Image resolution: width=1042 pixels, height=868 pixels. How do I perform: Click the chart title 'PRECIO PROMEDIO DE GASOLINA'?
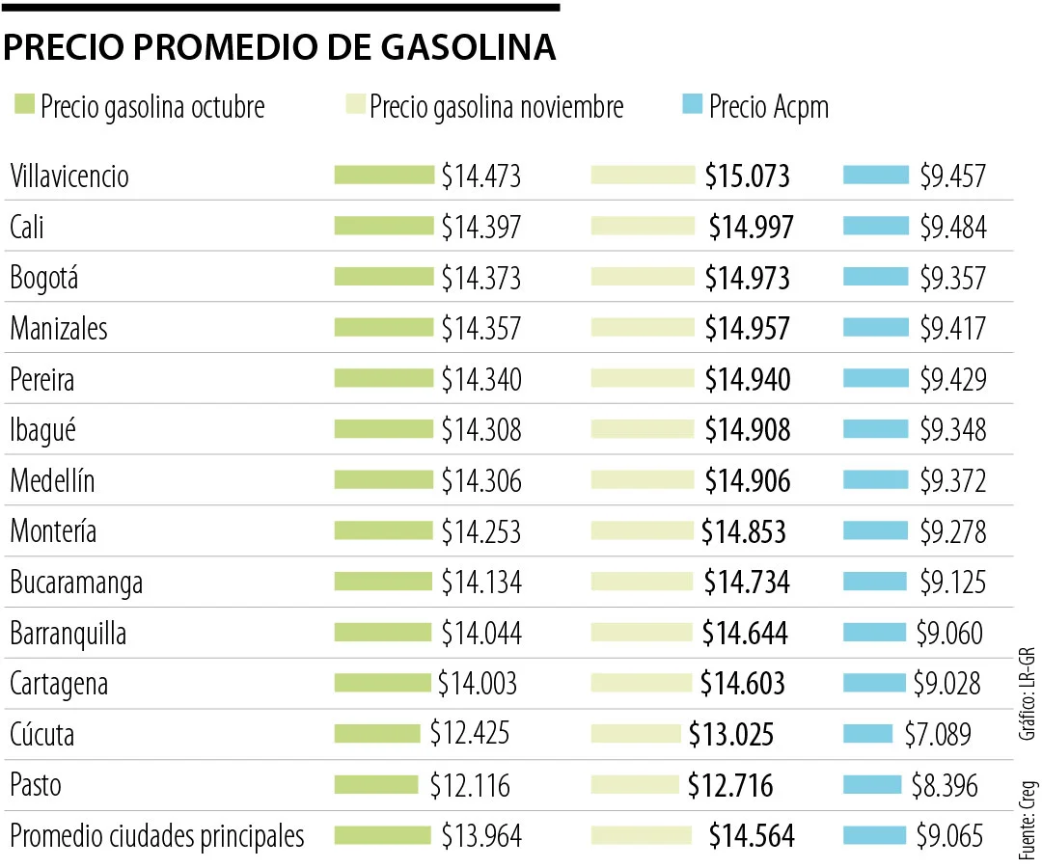[280, 47]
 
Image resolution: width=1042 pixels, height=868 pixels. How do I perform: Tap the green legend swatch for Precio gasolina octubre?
[24, 104]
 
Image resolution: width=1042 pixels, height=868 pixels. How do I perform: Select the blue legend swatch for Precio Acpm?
[691, 104]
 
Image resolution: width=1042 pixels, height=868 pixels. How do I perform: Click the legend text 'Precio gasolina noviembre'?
[496, 106]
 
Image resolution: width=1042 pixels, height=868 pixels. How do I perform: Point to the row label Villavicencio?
[69, 176]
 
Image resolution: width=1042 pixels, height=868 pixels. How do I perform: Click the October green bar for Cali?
[384, 226]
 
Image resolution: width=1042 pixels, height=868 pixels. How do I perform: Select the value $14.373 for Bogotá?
[480, 278]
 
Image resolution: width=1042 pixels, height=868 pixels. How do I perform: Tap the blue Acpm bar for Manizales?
[875, 328]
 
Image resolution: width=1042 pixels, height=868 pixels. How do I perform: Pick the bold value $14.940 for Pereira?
[747, 379]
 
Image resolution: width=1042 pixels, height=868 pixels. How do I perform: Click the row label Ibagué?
[42, 430]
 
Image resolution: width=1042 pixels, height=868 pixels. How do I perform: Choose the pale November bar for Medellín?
[642, 479]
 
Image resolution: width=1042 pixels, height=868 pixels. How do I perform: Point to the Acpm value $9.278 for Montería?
[952, 531]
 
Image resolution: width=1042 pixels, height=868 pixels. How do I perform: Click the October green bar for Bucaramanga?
[384, 582]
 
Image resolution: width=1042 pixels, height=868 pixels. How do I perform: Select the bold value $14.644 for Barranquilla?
[744, 634]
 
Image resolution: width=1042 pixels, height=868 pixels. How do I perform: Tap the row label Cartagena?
[58, 684]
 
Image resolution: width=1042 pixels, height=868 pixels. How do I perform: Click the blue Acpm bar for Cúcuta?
[867, 734]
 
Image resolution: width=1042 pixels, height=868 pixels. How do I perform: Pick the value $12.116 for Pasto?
[470, 785]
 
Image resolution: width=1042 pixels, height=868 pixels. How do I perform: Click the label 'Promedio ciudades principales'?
[157, 835]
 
